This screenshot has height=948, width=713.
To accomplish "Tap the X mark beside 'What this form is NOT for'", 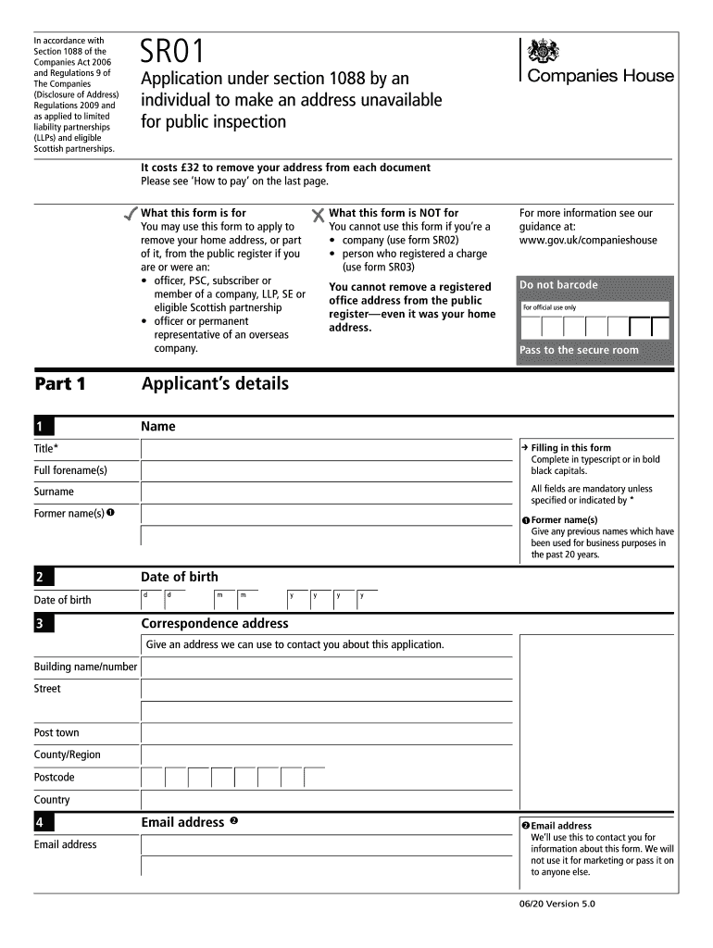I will tap(319, 215).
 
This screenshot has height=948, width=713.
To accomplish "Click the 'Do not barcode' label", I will tap(558, 285).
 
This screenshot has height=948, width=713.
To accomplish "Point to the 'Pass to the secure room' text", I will tap(579, 350).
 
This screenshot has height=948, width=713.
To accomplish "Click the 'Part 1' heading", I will tap(59, 384).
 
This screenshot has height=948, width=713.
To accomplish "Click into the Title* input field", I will tap(325, 449).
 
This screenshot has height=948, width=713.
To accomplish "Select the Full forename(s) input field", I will tap(325, 470).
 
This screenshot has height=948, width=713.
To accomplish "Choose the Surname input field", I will tap(325, 493).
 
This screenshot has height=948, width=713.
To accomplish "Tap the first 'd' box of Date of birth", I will tap(152, 599).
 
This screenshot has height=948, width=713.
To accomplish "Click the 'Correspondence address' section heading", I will tap(214, 623).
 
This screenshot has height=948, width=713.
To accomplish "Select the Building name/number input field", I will tap(325, 667).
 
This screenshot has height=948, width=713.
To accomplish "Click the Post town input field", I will tap(325, 733).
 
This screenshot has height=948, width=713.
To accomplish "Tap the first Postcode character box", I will tap(153, 778).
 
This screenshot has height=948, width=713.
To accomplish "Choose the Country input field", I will tap(325, 800).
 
